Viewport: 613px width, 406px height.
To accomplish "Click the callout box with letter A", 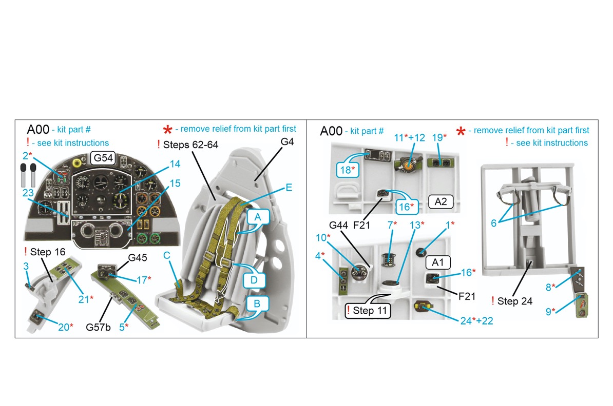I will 258,217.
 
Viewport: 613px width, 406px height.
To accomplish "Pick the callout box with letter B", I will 258,304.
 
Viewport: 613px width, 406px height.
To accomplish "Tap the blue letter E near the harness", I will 289,188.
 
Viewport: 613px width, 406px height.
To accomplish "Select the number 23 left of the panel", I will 28,193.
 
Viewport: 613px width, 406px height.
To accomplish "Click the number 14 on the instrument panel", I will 175,164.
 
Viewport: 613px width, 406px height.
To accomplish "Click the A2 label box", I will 440,201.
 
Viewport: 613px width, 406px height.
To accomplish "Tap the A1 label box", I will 438,262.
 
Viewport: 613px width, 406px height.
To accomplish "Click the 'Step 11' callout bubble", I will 367,310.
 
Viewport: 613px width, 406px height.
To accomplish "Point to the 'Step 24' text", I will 515,301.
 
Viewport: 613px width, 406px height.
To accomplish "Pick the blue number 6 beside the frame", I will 493,224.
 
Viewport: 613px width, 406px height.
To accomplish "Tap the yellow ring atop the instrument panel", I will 78,163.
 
